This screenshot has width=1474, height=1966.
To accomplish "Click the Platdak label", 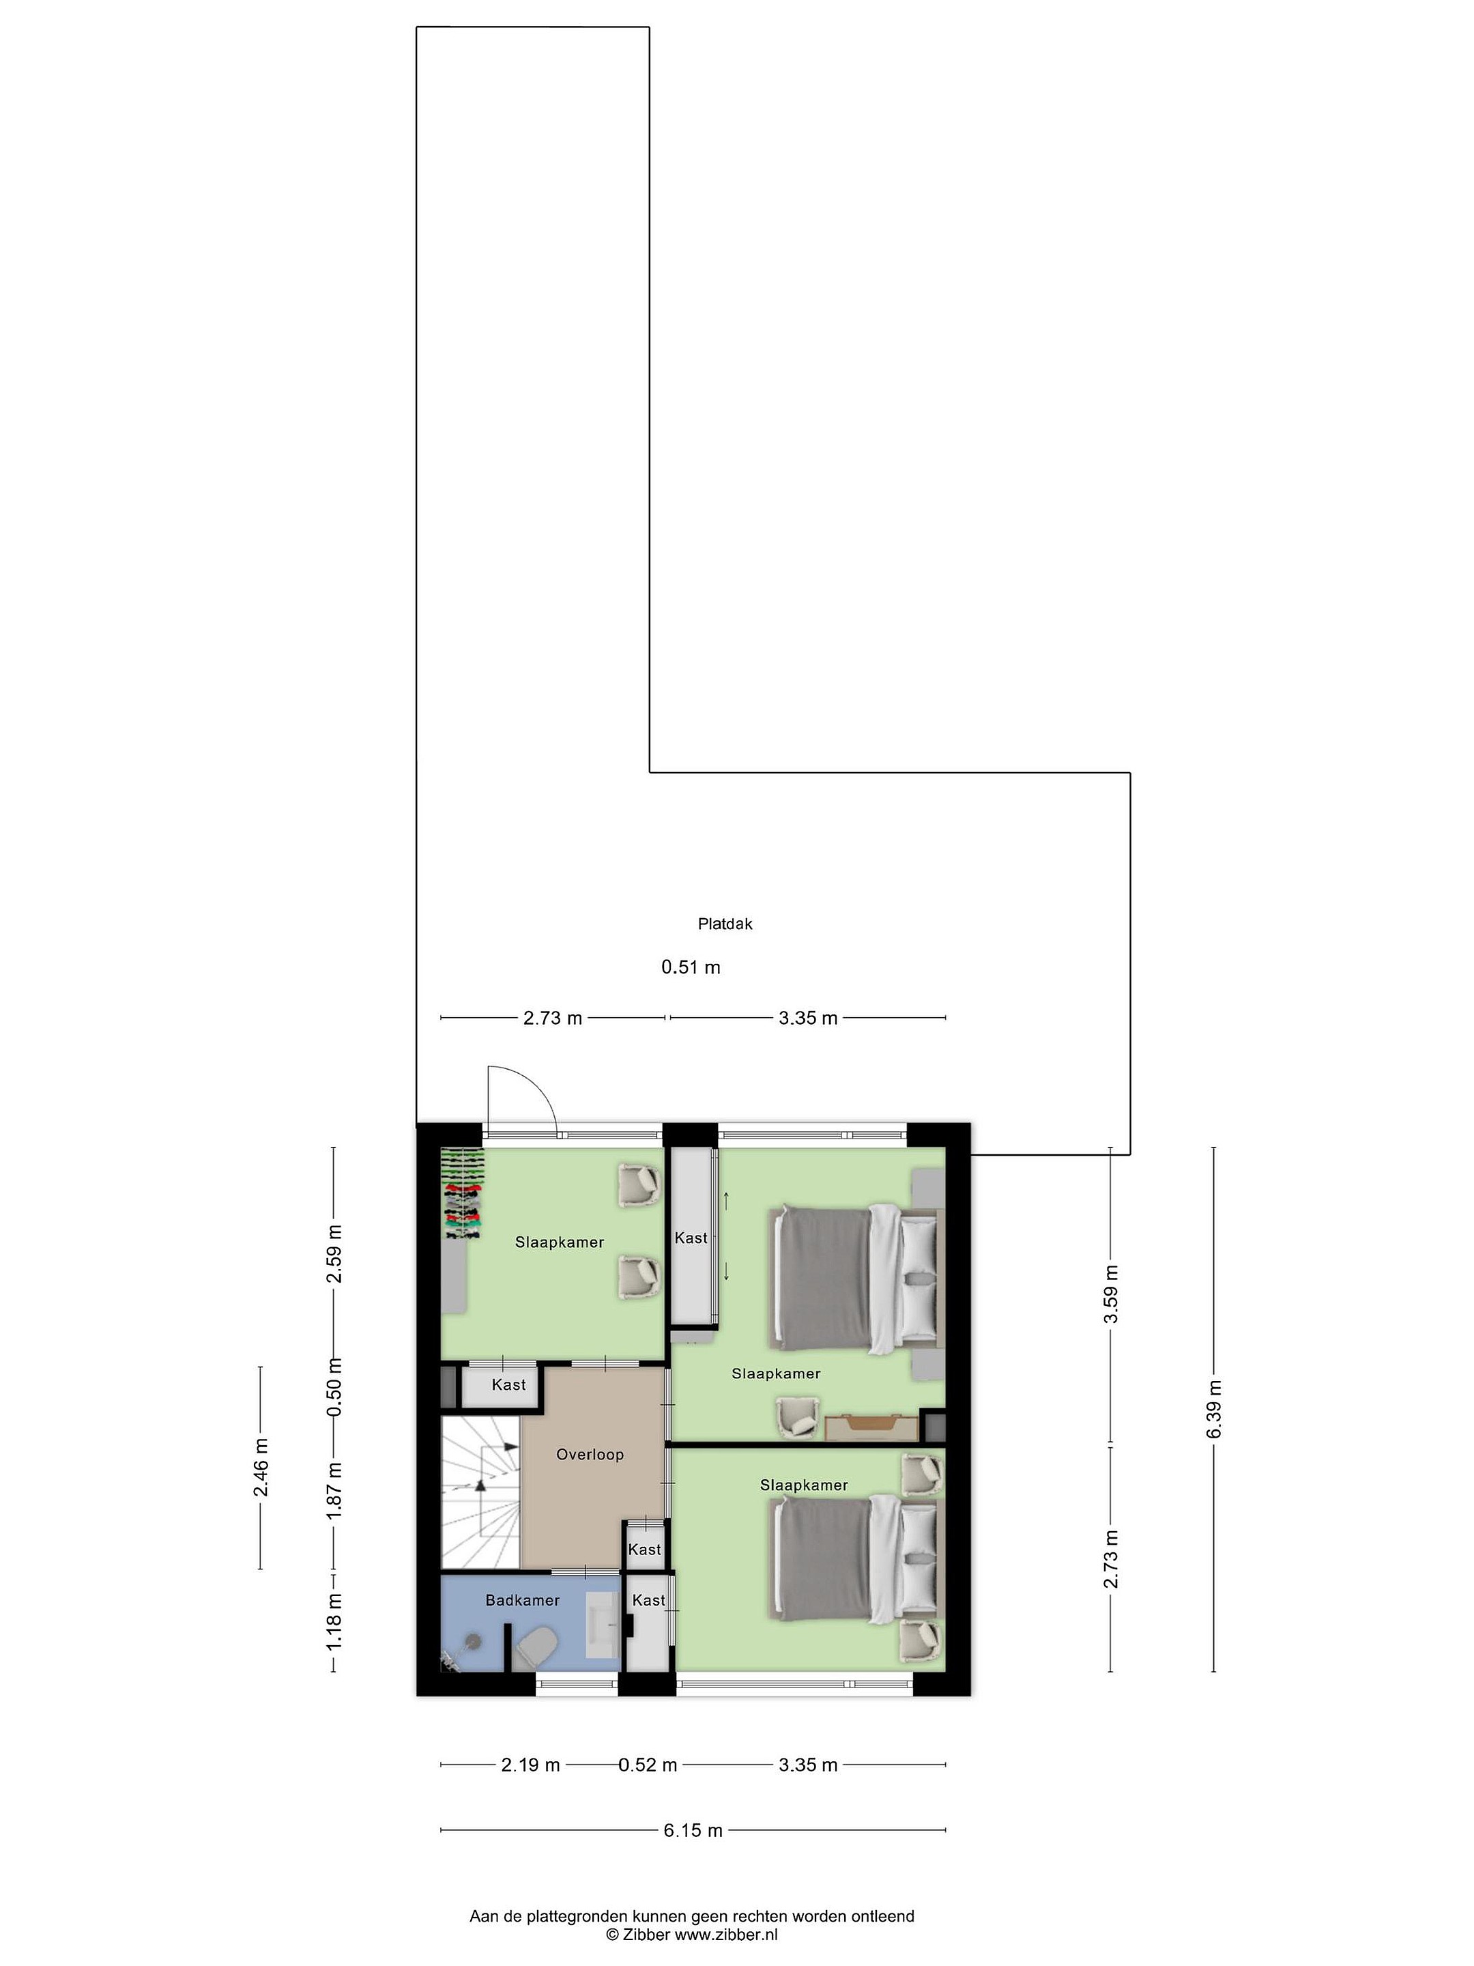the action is click(725, 924).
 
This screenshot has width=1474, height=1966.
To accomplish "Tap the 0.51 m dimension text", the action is click(691, 967).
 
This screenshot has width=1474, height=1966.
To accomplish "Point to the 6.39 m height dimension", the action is click(1214, 1409).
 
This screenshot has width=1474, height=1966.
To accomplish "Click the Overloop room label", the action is click(590, 1454).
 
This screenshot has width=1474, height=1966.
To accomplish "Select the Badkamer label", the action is click(523, 1600).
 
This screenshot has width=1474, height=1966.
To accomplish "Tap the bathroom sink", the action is click(604, 1624).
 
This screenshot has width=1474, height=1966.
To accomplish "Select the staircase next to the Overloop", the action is click(480, 1492).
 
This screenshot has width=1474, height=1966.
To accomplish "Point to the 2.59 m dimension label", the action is click(334, 1254).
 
